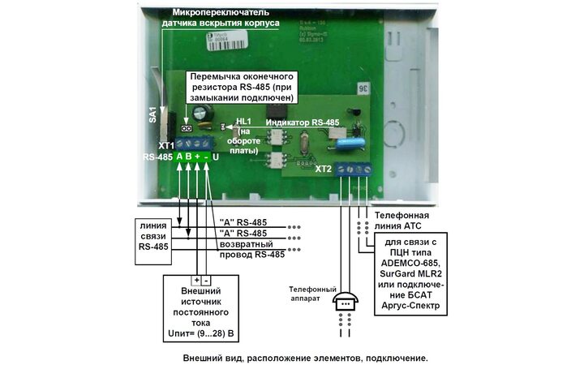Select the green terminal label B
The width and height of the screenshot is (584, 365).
(x=189, y=156)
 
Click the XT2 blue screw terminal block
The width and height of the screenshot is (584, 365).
(x=355, y=170)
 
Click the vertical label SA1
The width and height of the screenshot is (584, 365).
(x=152, y=114)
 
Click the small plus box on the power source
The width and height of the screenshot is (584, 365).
(x=196, y=280)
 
